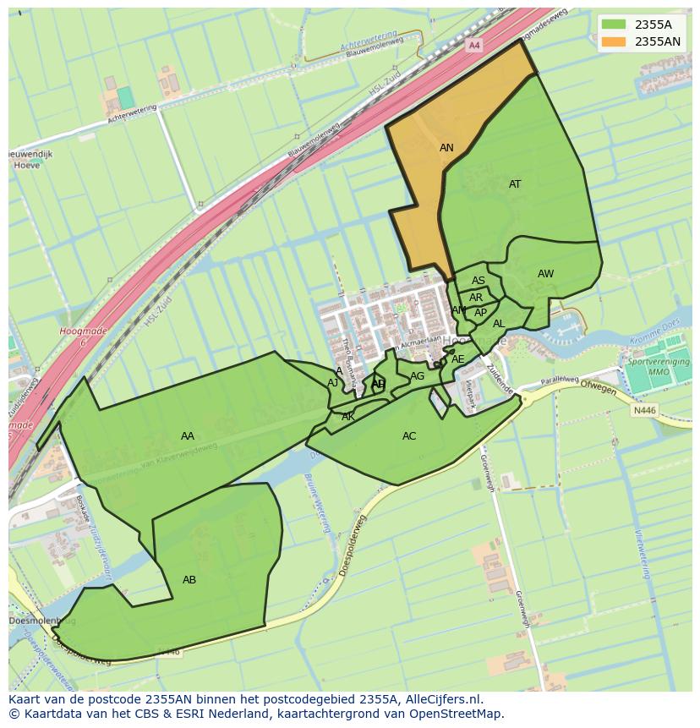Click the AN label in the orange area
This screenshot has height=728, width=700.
point(446,148)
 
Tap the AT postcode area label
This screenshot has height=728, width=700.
point(515,184)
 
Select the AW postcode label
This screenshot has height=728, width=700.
point(545,274)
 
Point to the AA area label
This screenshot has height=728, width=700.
point(188,436)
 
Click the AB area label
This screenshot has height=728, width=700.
point(189,580)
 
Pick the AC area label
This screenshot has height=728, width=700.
point(409,436)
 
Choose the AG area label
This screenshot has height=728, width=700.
point(417,376)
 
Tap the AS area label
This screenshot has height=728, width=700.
point(479,281)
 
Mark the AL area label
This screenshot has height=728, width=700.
point(499,324)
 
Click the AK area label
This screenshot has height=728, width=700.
point(348,417)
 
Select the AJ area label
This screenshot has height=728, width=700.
point(332,383)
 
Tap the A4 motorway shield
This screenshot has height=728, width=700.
point(473,45)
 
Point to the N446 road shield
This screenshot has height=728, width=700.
point(644,411)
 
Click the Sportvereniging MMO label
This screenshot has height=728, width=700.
point(658,367)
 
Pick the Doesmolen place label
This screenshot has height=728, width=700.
point(30,621)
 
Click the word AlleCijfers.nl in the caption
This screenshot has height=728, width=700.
point(441,699)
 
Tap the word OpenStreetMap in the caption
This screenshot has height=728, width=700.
point(456,714)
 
